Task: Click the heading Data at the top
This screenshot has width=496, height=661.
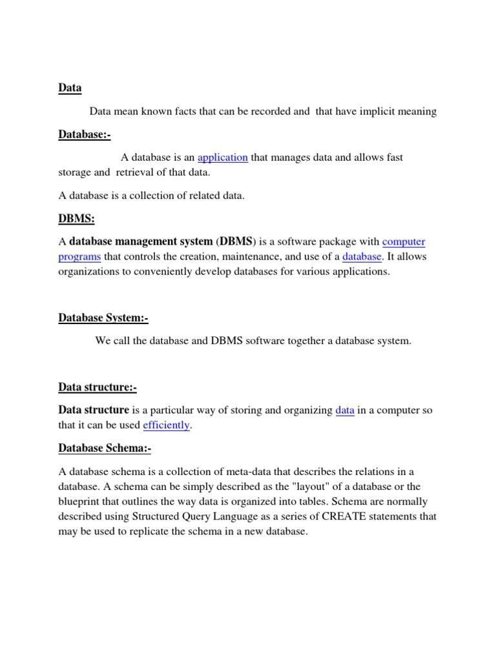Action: [70, 87]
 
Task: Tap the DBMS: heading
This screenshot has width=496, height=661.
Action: [76, 219]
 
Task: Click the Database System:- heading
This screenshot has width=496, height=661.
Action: [103, 318]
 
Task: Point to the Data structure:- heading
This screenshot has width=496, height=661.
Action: [98, 387]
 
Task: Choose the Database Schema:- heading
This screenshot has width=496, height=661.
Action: [105, 448]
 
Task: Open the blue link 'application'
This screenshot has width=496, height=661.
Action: [223, 158]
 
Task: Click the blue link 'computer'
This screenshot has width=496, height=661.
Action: [404, 242]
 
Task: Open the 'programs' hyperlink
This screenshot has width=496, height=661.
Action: [79, 257]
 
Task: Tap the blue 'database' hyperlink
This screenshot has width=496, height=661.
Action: [362, 257]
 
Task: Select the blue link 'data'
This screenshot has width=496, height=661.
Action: [345, 411]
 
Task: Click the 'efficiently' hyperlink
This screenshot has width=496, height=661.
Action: [167, 425]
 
